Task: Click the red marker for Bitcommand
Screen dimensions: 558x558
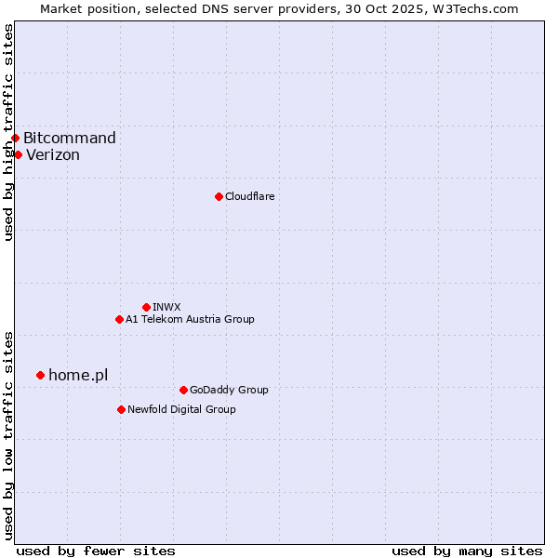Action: [x=15, y=139]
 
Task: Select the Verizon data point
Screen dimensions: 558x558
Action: [x=18, y=154]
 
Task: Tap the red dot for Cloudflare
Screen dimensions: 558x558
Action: [x=219, y=196]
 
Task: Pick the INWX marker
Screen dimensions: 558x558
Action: [x=146, y=307]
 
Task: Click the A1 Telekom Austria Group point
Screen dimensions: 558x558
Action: [x=119, y=319]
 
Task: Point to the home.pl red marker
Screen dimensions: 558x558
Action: [x=40, y=375]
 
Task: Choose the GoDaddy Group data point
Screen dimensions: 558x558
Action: [x=183, y=390]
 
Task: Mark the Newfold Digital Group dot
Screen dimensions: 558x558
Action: [x=121, y=409]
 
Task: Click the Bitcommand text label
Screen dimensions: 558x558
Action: [x=70, y=139]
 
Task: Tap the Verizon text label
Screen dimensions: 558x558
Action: [x=53, y=155]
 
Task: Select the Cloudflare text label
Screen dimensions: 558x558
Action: [x=249, y=196]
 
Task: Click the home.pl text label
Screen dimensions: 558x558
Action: [x=78, y=375]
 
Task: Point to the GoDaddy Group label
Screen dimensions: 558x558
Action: [x=229, y=390]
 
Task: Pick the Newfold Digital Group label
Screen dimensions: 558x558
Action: [x=181, y=409]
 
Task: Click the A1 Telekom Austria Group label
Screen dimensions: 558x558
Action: [x=190, y=319]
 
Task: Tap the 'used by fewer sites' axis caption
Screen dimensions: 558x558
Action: [x=96, y=551]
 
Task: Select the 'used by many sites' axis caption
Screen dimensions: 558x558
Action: [x=467, y=551]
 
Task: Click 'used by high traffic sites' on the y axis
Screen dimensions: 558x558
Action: [x=8, y=132]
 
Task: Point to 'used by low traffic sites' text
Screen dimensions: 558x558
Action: [x=8, y=435]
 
